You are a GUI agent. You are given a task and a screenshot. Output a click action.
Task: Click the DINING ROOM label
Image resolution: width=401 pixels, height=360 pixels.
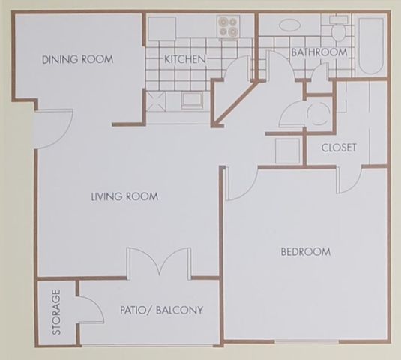(78, 59)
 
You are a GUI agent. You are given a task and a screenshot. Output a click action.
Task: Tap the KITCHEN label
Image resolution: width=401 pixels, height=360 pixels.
(185, 59)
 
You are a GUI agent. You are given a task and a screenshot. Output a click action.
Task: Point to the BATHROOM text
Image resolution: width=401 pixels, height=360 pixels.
(319, 52)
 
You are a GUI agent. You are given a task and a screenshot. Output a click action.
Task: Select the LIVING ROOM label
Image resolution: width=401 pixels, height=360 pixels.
(125, 196)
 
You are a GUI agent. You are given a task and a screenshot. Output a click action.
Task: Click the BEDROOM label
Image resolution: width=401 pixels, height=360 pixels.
(306, 252)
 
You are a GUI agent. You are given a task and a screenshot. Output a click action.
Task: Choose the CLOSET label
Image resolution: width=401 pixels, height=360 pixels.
(339, 148)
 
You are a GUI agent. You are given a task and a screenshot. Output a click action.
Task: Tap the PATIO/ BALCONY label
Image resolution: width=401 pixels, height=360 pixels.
(162, 310)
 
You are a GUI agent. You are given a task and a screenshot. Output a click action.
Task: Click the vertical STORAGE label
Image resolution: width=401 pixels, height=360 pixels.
(56, 312)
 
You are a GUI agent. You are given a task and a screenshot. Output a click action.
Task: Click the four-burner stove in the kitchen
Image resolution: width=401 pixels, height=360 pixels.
(228, 26)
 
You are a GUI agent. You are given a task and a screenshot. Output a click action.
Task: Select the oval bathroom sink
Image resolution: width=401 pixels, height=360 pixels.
(289, 25)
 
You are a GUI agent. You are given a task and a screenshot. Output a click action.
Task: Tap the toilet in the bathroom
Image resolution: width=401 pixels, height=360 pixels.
(338, 28)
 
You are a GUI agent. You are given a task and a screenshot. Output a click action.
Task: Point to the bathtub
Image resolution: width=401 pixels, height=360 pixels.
(371, 46)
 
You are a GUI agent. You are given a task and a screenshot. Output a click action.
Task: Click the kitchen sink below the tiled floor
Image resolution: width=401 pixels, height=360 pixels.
(192, 100)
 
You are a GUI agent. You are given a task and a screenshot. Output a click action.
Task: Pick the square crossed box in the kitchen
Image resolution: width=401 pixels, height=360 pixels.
(156, 101)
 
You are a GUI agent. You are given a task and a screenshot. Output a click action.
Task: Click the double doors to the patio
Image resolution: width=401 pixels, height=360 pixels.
(159, 262)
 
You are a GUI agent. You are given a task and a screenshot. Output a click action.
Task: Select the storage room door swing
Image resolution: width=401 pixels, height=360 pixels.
(90, 310)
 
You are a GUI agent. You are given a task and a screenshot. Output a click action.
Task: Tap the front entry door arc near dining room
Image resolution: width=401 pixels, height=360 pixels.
(55, 129)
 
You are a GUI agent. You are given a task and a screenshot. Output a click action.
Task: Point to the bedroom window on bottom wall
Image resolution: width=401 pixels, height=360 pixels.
(307, 341)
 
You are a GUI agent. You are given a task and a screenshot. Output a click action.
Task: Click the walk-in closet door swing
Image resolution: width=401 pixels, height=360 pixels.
(349, 180)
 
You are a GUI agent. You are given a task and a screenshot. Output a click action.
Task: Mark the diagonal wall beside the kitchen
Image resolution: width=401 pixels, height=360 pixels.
(235, 102)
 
